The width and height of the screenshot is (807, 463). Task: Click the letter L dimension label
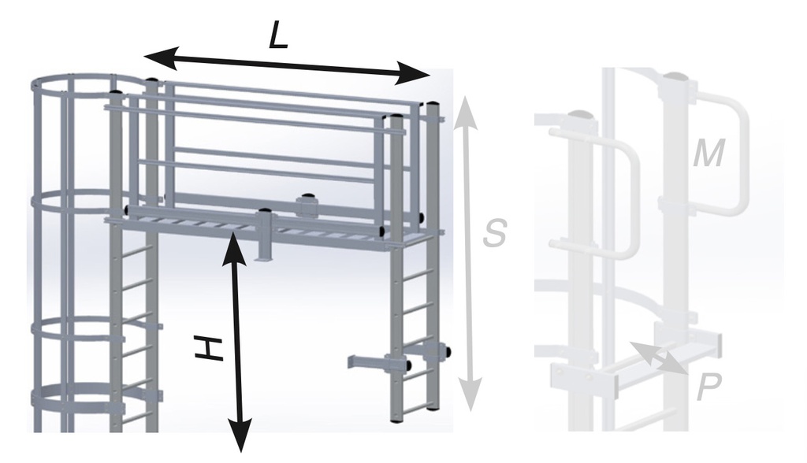coord(277,35)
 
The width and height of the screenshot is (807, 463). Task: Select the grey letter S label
coord(494,233)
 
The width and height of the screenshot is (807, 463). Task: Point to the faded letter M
coord(708,154)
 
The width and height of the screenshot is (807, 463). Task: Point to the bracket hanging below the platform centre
coord(265,236)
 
